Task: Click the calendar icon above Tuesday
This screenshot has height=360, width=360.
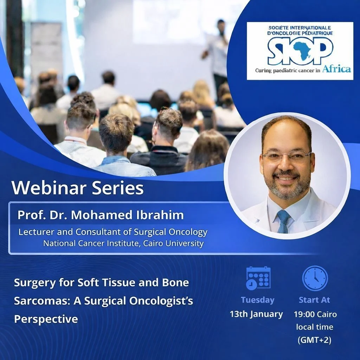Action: pos(258,278)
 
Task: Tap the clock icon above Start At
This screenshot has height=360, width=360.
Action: pos(315,278)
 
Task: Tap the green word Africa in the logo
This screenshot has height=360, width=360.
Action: pos(336,69)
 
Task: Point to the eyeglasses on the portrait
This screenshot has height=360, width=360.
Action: pos(286,156)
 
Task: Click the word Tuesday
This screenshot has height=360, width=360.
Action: pos(257,300)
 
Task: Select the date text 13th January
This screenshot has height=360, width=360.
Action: pos(256,314)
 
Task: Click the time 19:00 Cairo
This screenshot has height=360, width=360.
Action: pos(315,314)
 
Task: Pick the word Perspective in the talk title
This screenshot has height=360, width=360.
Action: pos(46,319)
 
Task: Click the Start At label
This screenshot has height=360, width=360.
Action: pos(314,300)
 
